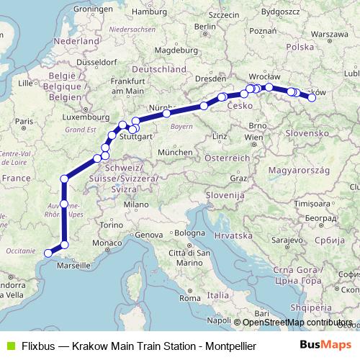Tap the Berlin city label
click(205, 27)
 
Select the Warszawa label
click(330, 34)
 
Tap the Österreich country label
click(227, 157)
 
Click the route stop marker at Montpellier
click(48, 253)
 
